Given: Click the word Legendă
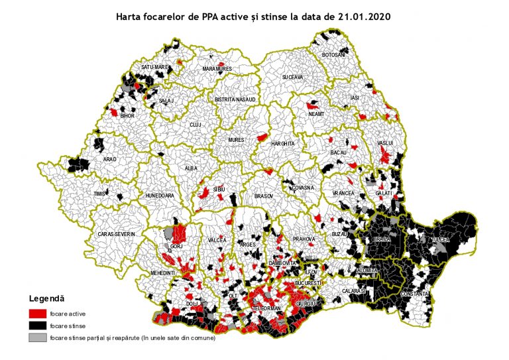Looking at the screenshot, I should pyautogui.click(x=46, y=299).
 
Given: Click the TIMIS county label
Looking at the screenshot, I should pyautogui.click(x=100, y=193).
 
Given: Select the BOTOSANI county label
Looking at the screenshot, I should pyautogui.click(x=333, y=55).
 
